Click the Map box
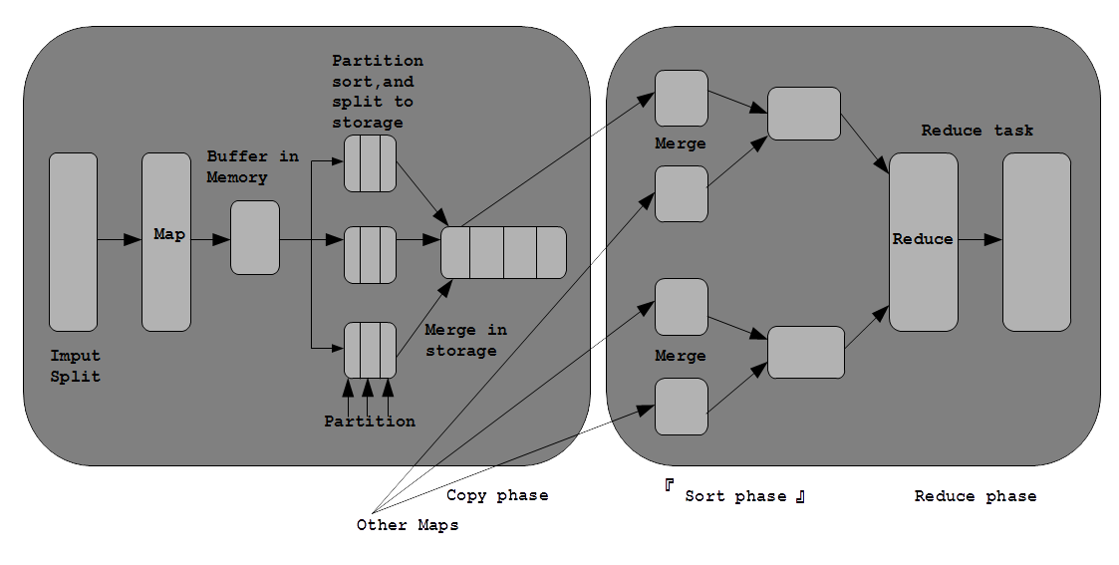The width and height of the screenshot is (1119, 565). (x=166, y=242)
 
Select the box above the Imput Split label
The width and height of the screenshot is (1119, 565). (x=73, y=242)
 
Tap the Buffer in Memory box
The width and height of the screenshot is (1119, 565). (x=255, y=237)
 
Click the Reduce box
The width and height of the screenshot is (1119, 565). (x=924, y=242)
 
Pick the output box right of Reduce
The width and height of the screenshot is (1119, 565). (x=1037, y=242)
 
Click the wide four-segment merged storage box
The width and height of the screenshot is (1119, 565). (x=504, y=252)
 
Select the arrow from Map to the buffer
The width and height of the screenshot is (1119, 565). (x=210, y=240)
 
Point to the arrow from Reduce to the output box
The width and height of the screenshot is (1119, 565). (x=980, y=240)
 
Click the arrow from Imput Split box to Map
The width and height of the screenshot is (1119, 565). (x=120, y=240)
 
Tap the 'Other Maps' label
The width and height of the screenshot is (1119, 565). (x=408, y=526)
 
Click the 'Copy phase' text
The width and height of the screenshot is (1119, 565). (x=497, y=496)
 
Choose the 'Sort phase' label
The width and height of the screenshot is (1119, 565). (x=735, y=496)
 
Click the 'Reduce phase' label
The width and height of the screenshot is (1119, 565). (x=976, y=496)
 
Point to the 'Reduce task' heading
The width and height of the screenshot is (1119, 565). (x=977, y=131)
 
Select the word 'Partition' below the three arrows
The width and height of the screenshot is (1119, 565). (x=370, y=422)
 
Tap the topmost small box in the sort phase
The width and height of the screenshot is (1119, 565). (x=682, y=99)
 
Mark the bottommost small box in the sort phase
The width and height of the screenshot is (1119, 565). (x=682, y=407)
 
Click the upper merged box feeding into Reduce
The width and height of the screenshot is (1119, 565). (x=804, y=115)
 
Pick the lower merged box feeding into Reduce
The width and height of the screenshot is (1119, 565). (x=806, y=353)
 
